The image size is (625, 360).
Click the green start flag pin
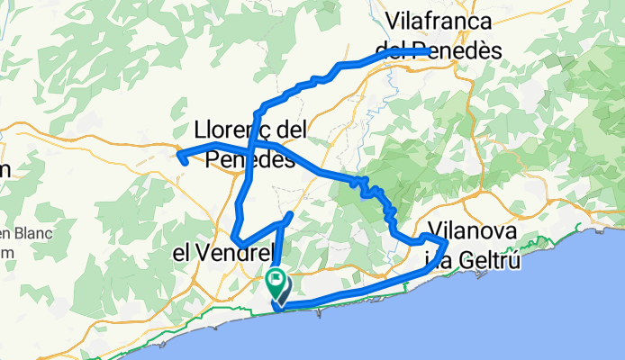click(274, 282)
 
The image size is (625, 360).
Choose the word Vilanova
click(473, 230)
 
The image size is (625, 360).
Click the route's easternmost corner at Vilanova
click(446, 242)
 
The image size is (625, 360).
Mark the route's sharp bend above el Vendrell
click(236, 238)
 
